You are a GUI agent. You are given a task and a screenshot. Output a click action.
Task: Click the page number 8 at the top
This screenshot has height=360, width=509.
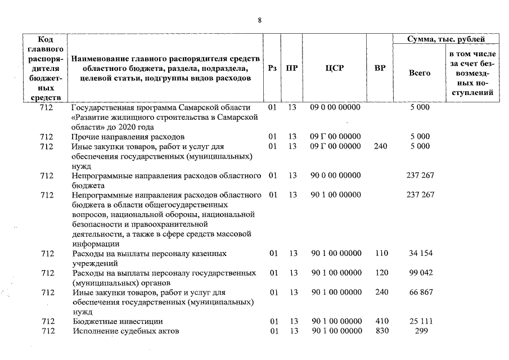point(259,20)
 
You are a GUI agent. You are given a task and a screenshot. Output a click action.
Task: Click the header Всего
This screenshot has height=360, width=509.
point(420,73)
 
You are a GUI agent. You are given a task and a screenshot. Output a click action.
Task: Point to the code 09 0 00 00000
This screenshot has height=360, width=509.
point(335,107)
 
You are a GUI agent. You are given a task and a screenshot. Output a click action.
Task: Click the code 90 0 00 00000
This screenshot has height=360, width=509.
point(336,175)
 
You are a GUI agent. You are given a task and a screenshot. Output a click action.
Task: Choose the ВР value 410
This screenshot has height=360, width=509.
point(381,321)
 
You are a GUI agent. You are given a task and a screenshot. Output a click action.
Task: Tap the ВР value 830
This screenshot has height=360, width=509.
point(381,331)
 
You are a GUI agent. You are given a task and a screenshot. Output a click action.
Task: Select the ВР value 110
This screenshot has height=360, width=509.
point(381,254)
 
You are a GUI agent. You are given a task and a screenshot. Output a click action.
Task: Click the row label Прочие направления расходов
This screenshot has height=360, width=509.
point(128,137)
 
